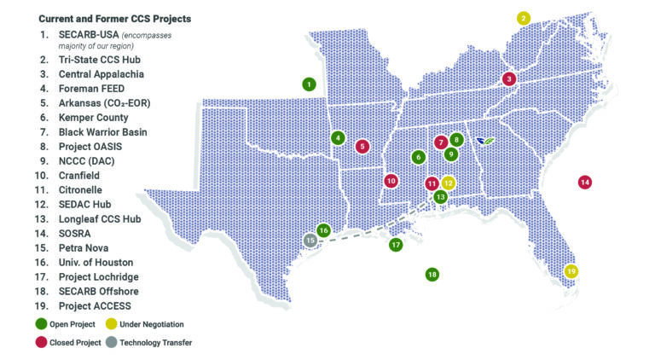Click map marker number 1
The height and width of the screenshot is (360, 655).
(308, 84)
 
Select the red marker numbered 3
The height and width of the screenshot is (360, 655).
(509, 79)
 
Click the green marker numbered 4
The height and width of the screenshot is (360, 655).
(339, 138)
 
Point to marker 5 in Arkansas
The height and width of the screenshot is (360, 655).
(362, 146)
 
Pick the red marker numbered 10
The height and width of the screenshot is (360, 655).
(391, 181)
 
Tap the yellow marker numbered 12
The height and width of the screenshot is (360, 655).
(449, 183)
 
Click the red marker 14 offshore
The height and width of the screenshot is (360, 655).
(585, 182)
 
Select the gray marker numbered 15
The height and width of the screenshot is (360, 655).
(310, 241)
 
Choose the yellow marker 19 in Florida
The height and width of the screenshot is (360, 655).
(571, 271)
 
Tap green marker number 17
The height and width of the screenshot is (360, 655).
(396, 245)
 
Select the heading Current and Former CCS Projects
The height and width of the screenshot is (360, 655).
(114, 18)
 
